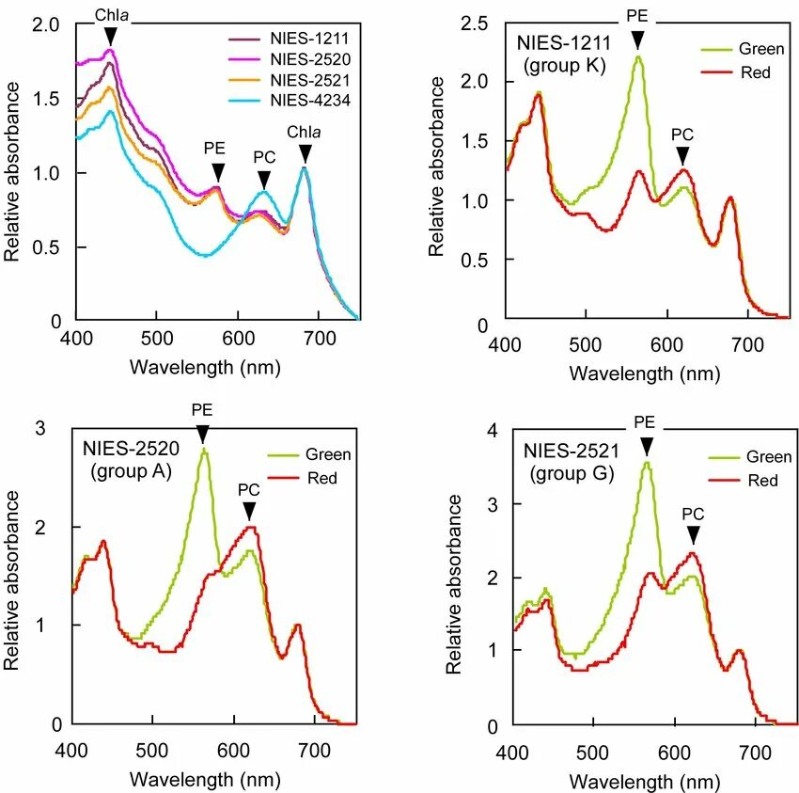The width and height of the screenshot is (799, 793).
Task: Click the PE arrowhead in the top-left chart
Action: tap(218, 172)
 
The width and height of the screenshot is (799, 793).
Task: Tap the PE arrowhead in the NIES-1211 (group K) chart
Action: tap(637, 39)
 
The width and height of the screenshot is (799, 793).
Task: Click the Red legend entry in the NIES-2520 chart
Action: tap(320, 478)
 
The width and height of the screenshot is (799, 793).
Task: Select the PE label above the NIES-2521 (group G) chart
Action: tap(645, 422)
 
